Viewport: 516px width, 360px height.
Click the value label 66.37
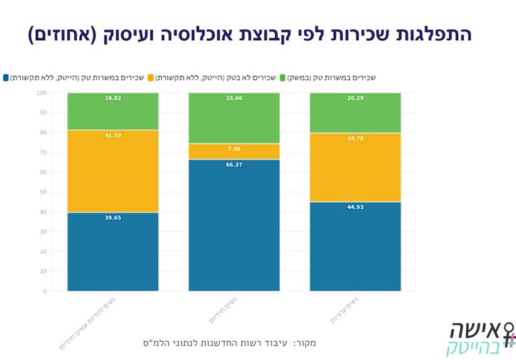234,165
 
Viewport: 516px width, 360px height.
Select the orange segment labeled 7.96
234,151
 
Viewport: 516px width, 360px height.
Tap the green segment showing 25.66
234,118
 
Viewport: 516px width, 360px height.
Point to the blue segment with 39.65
113,251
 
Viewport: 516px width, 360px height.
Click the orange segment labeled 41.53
113,171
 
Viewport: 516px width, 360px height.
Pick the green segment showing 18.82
113,111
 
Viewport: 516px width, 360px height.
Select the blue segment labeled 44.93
355,246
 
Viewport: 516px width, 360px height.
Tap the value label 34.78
355,138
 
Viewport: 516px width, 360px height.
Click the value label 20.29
355,99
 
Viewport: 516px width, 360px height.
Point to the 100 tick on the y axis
42,93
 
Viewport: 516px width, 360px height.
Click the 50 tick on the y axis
43,192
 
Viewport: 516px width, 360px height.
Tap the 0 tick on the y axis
45,292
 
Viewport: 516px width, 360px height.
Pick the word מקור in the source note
305,343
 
